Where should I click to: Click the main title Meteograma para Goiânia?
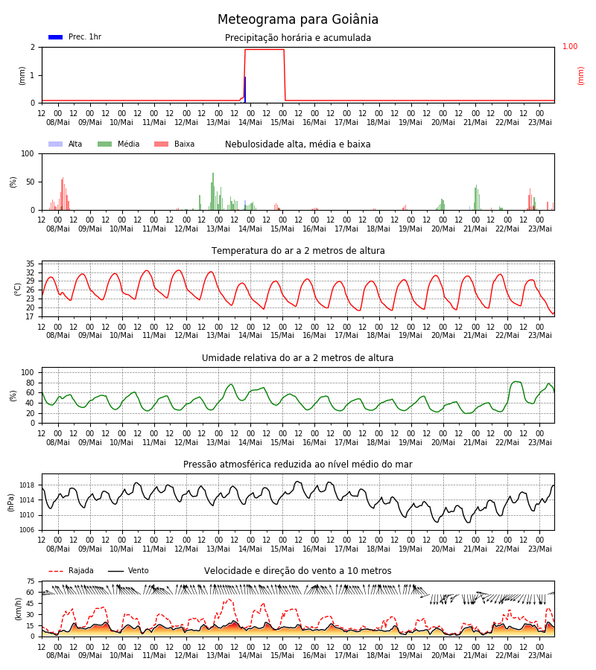point(297,19)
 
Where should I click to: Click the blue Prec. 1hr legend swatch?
point(56,37)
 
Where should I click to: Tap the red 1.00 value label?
point(569,46)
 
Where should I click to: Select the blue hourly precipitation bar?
point(245,90)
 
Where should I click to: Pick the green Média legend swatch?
point(105,144)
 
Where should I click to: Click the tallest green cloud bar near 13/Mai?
point(213,191)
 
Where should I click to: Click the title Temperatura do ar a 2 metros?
point(298,251)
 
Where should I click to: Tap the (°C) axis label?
point(18,289)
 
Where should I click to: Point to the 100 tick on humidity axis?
point(28,373)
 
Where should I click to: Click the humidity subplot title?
point(297,357)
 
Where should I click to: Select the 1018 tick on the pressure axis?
point(27,485)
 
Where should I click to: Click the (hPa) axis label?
point(11,502)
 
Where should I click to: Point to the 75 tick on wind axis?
point(31,581)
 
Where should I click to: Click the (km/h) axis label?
point(18,609)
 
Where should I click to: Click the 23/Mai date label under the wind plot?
point(540,655)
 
